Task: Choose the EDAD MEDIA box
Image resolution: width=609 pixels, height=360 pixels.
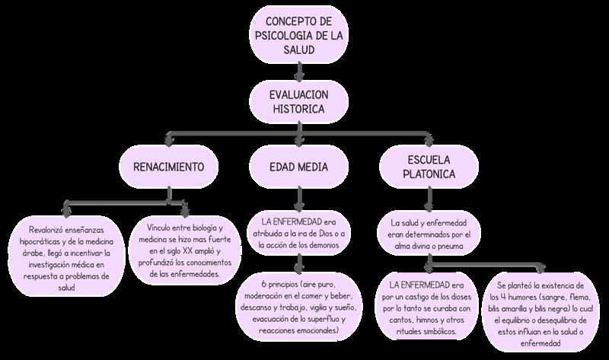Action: tap(300, 166)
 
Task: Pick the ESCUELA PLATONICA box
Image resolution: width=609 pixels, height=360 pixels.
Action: tap(428, 167)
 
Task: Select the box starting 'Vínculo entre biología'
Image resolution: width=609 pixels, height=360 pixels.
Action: tap(187, 250)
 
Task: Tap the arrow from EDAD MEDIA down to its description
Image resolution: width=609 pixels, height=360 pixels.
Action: tap(300, 199)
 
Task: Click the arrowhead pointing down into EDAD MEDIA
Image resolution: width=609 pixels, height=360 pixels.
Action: tap(300, 142)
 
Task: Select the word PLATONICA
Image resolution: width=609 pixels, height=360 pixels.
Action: tap(429, 175)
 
